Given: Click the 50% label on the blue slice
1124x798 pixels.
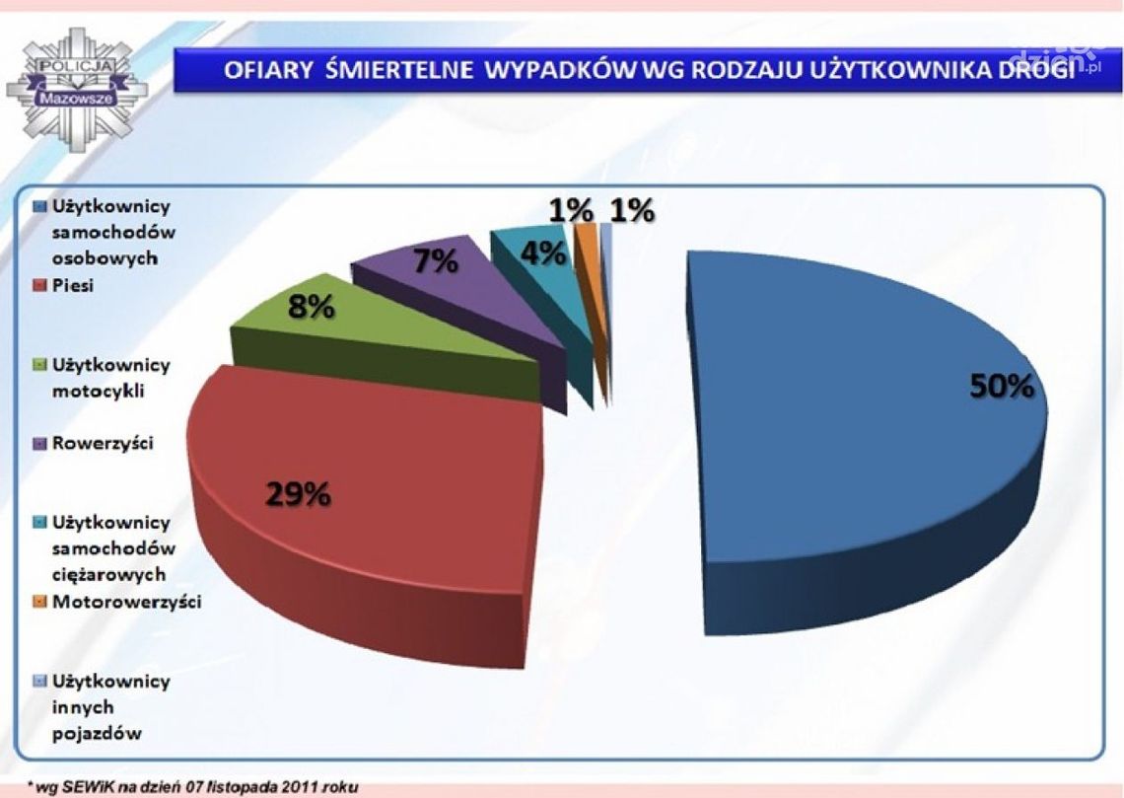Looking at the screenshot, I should click(x=1002, y=387).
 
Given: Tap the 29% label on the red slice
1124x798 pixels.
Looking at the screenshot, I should click(x=297, y=494).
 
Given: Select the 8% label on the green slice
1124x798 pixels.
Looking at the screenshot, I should click(x=311, y=308).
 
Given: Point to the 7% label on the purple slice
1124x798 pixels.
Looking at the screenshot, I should click(x=435, y=262).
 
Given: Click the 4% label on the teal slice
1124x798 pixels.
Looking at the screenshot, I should click(x=543, y=254).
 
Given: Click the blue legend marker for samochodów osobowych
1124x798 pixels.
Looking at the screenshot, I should click(x=40, y=207).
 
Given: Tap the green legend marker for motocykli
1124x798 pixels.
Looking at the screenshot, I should click(x=40, y=365).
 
